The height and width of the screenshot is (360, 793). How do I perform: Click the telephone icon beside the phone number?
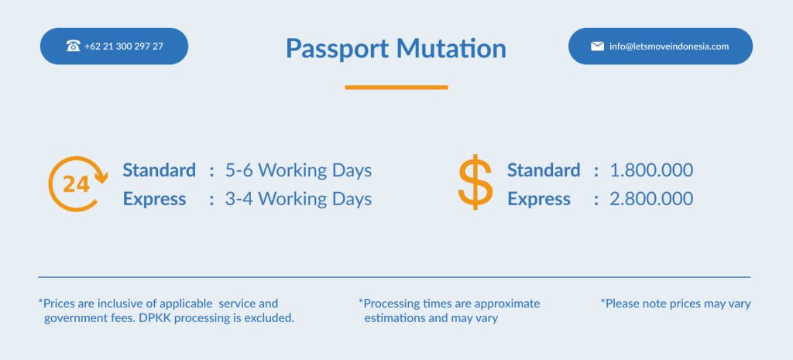pos(73,46)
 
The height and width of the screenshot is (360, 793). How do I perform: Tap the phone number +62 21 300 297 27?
pos(124,46)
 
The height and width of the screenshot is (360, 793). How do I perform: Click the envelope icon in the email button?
pos(597,46)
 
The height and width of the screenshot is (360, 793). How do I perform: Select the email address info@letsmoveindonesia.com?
pos(669,46)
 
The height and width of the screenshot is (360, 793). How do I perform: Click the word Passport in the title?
pos(338,49)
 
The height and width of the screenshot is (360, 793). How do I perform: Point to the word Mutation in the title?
pos(451,48)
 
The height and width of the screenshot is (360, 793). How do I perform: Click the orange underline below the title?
pos(396,87)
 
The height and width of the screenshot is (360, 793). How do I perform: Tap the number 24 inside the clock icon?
pos(77,184)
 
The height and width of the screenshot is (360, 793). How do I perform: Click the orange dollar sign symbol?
pos(475,182)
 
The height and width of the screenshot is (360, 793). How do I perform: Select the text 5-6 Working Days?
pos(298,170)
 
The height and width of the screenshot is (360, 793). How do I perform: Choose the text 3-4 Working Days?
pos(298,199)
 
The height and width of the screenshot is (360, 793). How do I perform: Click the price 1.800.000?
pos(651,170)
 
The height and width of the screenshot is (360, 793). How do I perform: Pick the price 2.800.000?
pos(651,199)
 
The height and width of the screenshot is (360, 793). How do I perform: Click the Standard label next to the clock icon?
pos(159,170)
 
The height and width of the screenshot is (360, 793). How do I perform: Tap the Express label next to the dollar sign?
pos(539,200)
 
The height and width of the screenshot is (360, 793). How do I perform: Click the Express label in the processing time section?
pos(154,200)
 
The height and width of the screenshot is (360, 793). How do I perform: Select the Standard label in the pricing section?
pos(544,170)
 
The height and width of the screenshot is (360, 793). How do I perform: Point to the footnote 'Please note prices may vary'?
pos(675,304)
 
